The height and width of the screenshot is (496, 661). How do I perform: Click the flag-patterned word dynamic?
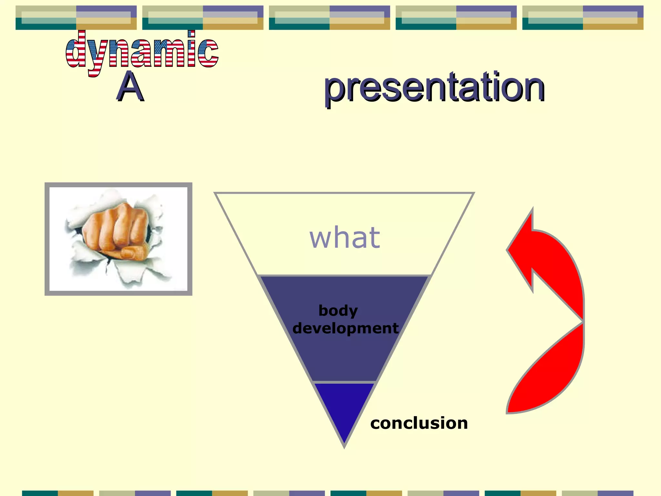click(142, 52)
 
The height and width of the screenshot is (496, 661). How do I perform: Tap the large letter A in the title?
click(130, 87)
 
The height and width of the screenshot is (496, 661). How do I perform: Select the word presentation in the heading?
click(434, 87)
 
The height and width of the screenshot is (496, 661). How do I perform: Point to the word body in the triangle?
click(338, 310)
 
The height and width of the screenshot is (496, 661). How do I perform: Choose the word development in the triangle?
click(345, 328)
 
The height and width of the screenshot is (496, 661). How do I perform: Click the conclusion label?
click(419, 423)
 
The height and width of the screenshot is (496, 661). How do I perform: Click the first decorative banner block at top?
click(76, 18)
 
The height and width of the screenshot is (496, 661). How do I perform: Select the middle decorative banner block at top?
click(329, 18)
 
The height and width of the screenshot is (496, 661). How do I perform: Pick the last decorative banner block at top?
click(583, 18)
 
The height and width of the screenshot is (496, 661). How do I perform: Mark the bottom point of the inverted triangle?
click(344, 446)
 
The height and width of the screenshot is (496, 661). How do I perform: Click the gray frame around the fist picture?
click(47, 239)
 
